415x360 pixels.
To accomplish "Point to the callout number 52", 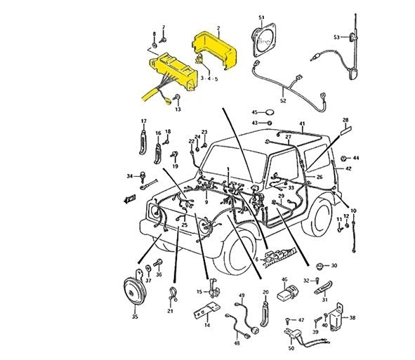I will [x=283, y=100].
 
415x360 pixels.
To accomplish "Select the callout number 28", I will [x=345, y=121].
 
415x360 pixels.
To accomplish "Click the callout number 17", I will [x=143, y=121].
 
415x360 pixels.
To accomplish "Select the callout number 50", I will [x=291, y=347].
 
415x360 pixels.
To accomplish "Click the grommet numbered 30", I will [x=322, y=266].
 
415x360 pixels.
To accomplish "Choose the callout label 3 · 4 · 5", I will [x=209, y=80].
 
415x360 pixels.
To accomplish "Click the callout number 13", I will [x=178, y=109].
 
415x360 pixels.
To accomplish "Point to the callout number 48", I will [x=237, y=343].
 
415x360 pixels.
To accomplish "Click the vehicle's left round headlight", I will [x=156, y=210].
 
